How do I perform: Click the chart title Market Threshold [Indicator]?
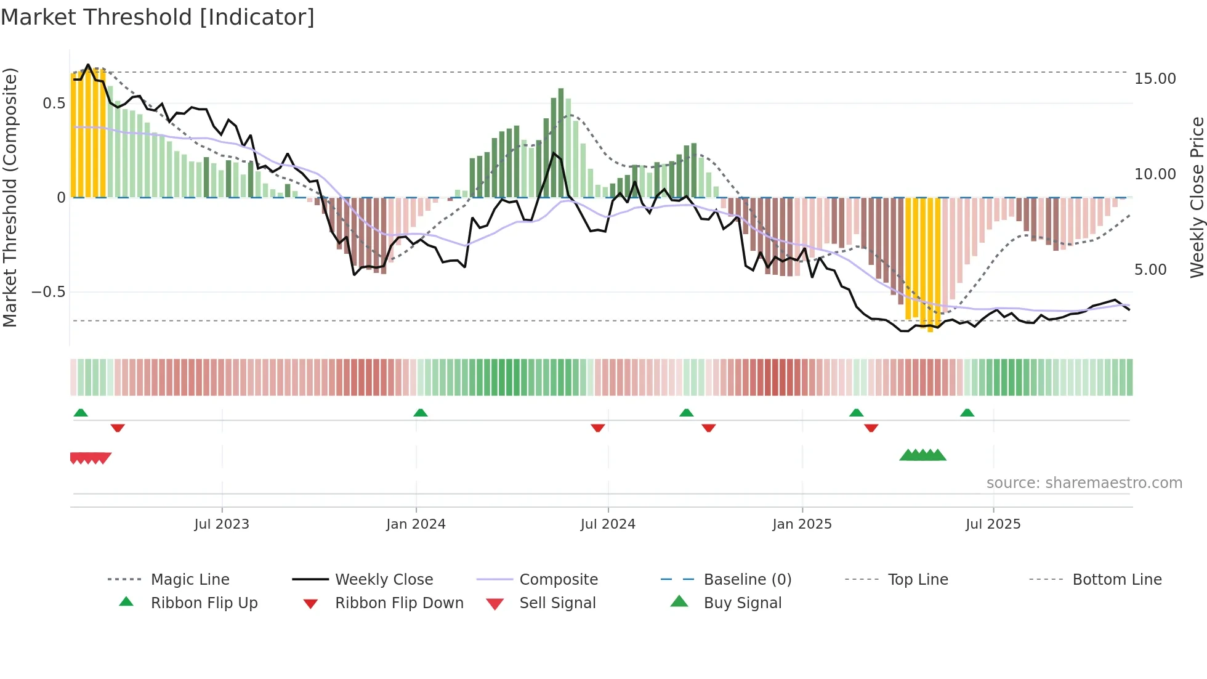point(158,17)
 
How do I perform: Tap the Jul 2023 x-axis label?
point(222,524)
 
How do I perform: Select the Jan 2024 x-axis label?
point(416,524)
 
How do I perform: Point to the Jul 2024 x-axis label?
point(608,524)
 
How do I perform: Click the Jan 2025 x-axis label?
point(802,524)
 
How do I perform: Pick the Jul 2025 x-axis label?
point(993,524)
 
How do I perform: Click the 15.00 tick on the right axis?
point(1155,79)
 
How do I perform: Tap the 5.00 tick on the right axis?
point(1150,270)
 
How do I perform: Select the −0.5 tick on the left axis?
point(48,292)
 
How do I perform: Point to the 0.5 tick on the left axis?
point(54,104)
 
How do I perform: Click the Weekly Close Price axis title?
point(1197,197)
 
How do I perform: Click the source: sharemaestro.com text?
point(1084,483)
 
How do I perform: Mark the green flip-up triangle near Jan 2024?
point(421,413)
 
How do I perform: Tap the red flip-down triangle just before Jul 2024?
point(597,428)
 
